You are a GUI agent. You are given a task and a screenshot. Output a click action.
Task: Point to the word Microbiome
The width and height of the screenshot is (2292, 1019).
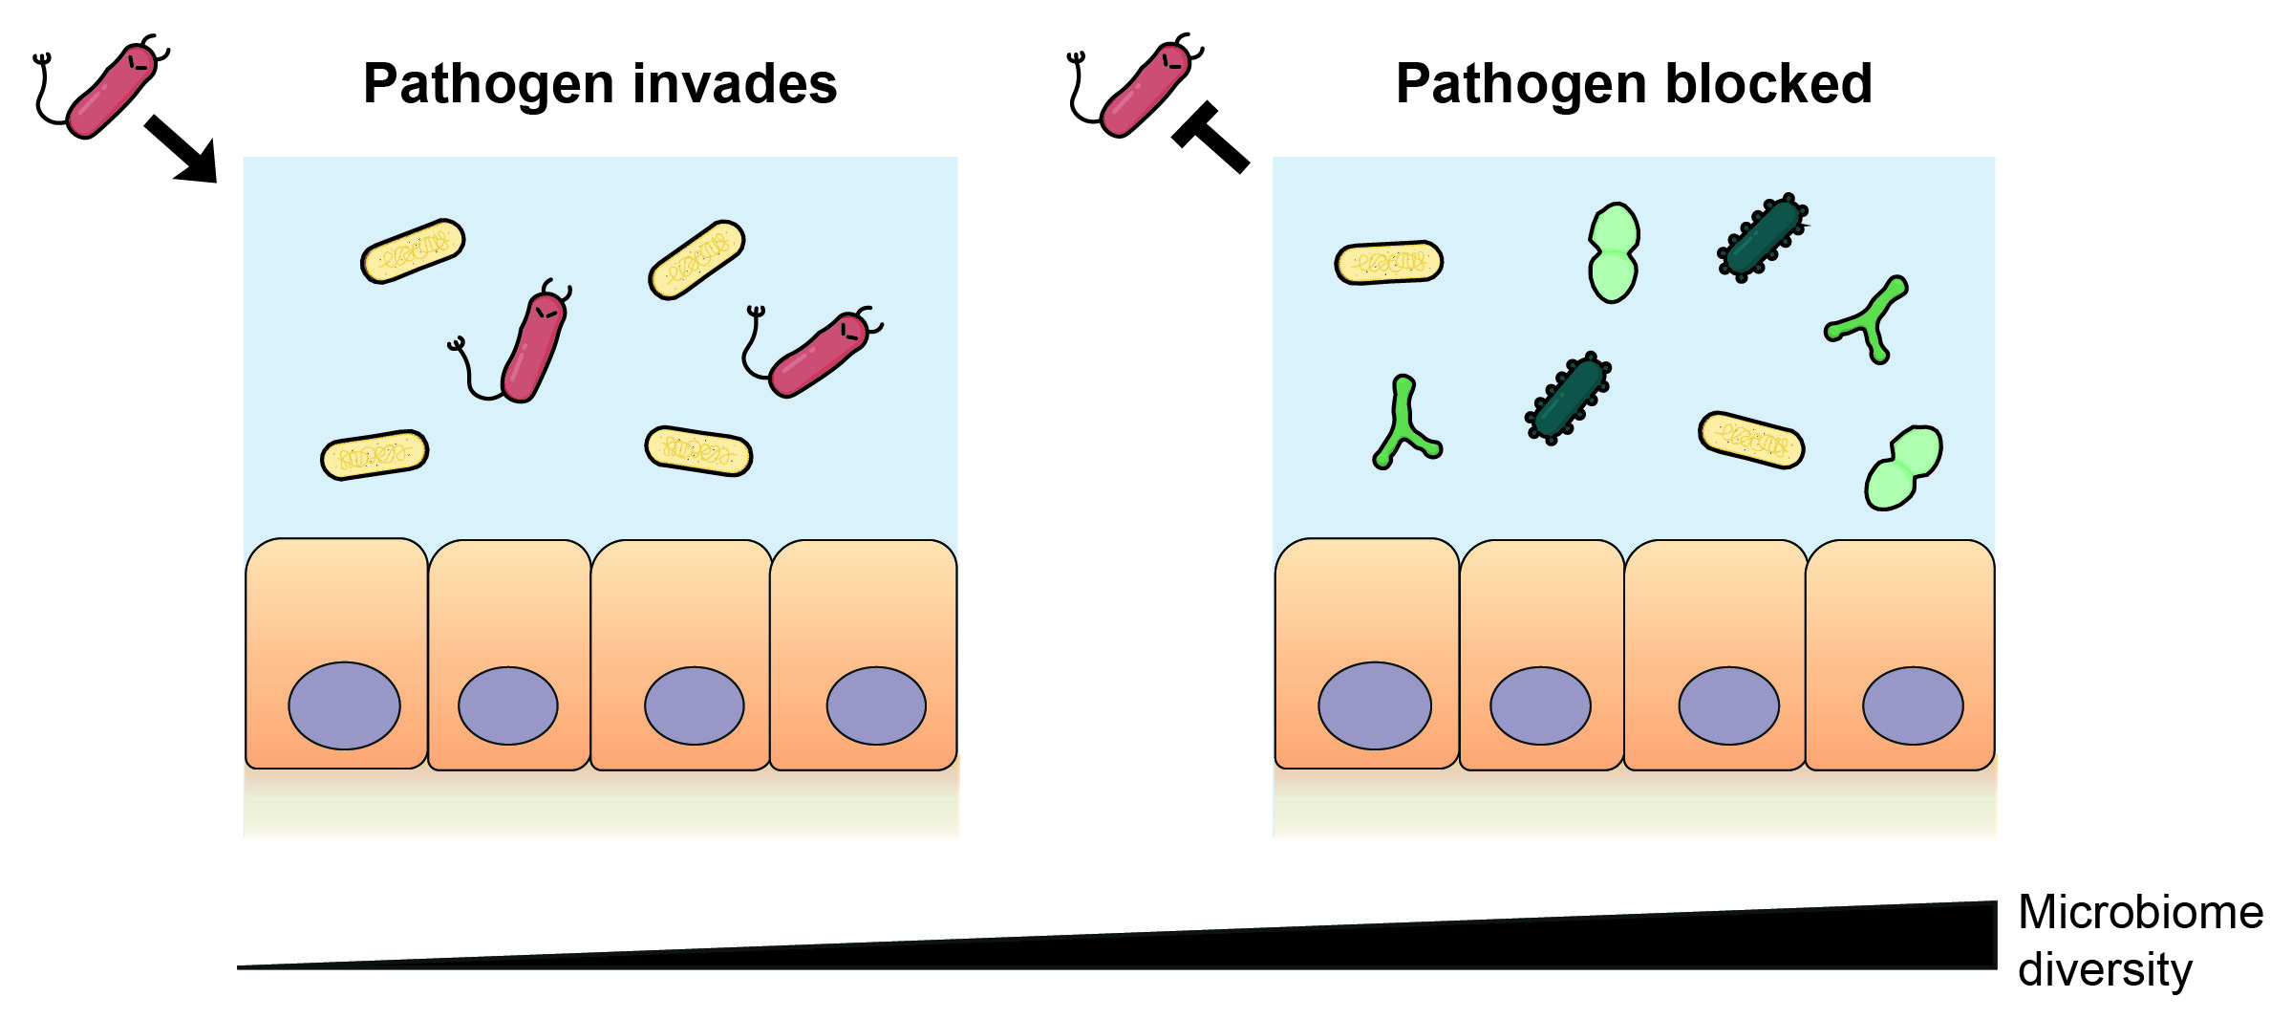pyautogui.click(x=2140, y=913)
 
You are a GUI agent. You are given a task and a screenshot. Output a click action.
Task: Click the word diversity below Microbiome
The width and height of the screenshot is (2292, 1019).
pyautogui.click(x=2104, y=970)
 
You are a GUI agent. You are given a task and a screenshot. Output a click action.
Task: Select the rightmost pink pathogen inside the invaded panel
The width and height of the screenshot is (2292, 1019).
pyautogui.click(x=818, y=354)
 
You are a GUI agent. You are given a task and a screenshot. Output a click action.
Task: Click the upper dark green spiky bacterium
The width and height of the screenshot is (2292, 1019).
pyautogui.click(x=1762, y=236)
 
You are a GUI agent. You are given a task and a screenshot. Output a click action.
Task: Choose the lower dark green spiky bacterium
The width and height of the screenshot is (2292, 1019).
pyautogui.click(x=1568, y=397)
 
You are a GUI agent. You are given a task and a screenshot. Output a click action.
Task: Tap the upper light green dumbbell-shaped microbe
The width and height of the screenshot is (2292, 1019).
pyautogui.click(x=1614, y=252)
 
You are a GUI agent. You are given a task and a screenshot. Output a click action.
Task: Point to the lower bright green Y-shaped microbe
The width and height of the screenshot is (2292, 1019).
pyautogui.click(x=1403, y=424)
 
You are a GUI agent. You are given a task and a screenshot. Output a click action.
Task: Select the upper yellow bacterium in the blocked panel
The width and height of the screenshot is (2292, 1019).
pyautogui.click(x=1388, y=262)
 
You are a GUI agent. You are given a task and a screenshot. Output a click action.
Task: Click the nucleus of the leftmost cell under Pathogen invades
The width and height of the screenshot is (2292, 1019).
pyautogui.click(x=344, y=705)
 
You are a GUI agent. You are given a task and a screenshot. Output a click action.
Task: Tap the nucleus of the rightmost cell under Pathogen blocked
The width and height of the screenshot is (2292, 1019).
pyautogui.click(x=1912, y=705)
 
